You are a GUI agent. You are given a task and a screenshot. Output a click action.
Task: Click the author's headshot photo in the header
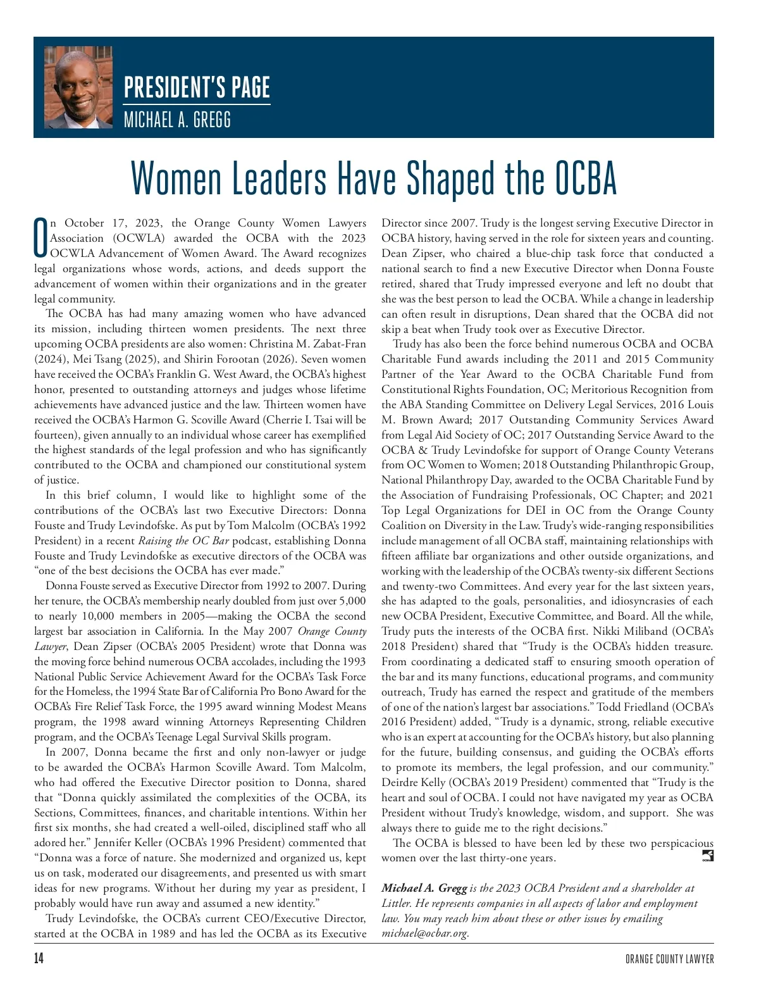tap(78, 87)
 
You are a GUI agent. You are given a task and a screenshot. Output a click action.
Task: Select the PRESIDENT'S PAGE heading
tap(197, 87)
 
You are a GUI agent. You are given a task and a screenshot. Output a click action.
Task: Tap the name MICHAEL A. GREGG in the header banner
tap(177, 119)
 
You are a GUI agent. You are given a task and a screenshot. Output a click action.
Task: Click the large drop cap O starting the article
tap(41, 239)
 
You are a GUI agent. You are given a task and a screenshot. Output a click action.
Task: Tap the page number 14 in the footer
tap(39, 959)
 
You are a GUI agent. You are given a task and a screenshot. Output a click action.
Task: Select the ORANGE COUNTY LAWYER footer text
tap(669, 959)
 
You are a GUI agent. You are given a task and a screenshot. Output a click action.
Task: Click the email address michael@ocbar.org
tap(424, 933)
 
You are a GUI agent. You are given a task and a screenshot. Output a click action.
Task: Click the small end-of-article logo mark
tap(708, 856)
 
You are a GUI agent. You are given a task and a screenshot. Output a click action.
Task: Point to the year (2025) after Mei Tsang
tap(126, 359)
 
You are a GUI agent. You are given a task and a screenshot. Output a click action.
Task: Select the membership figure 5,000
tap(353, 601)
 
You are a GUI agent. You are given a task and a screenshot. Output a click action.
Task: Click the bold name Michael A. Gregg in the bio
tap(424, 888)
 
